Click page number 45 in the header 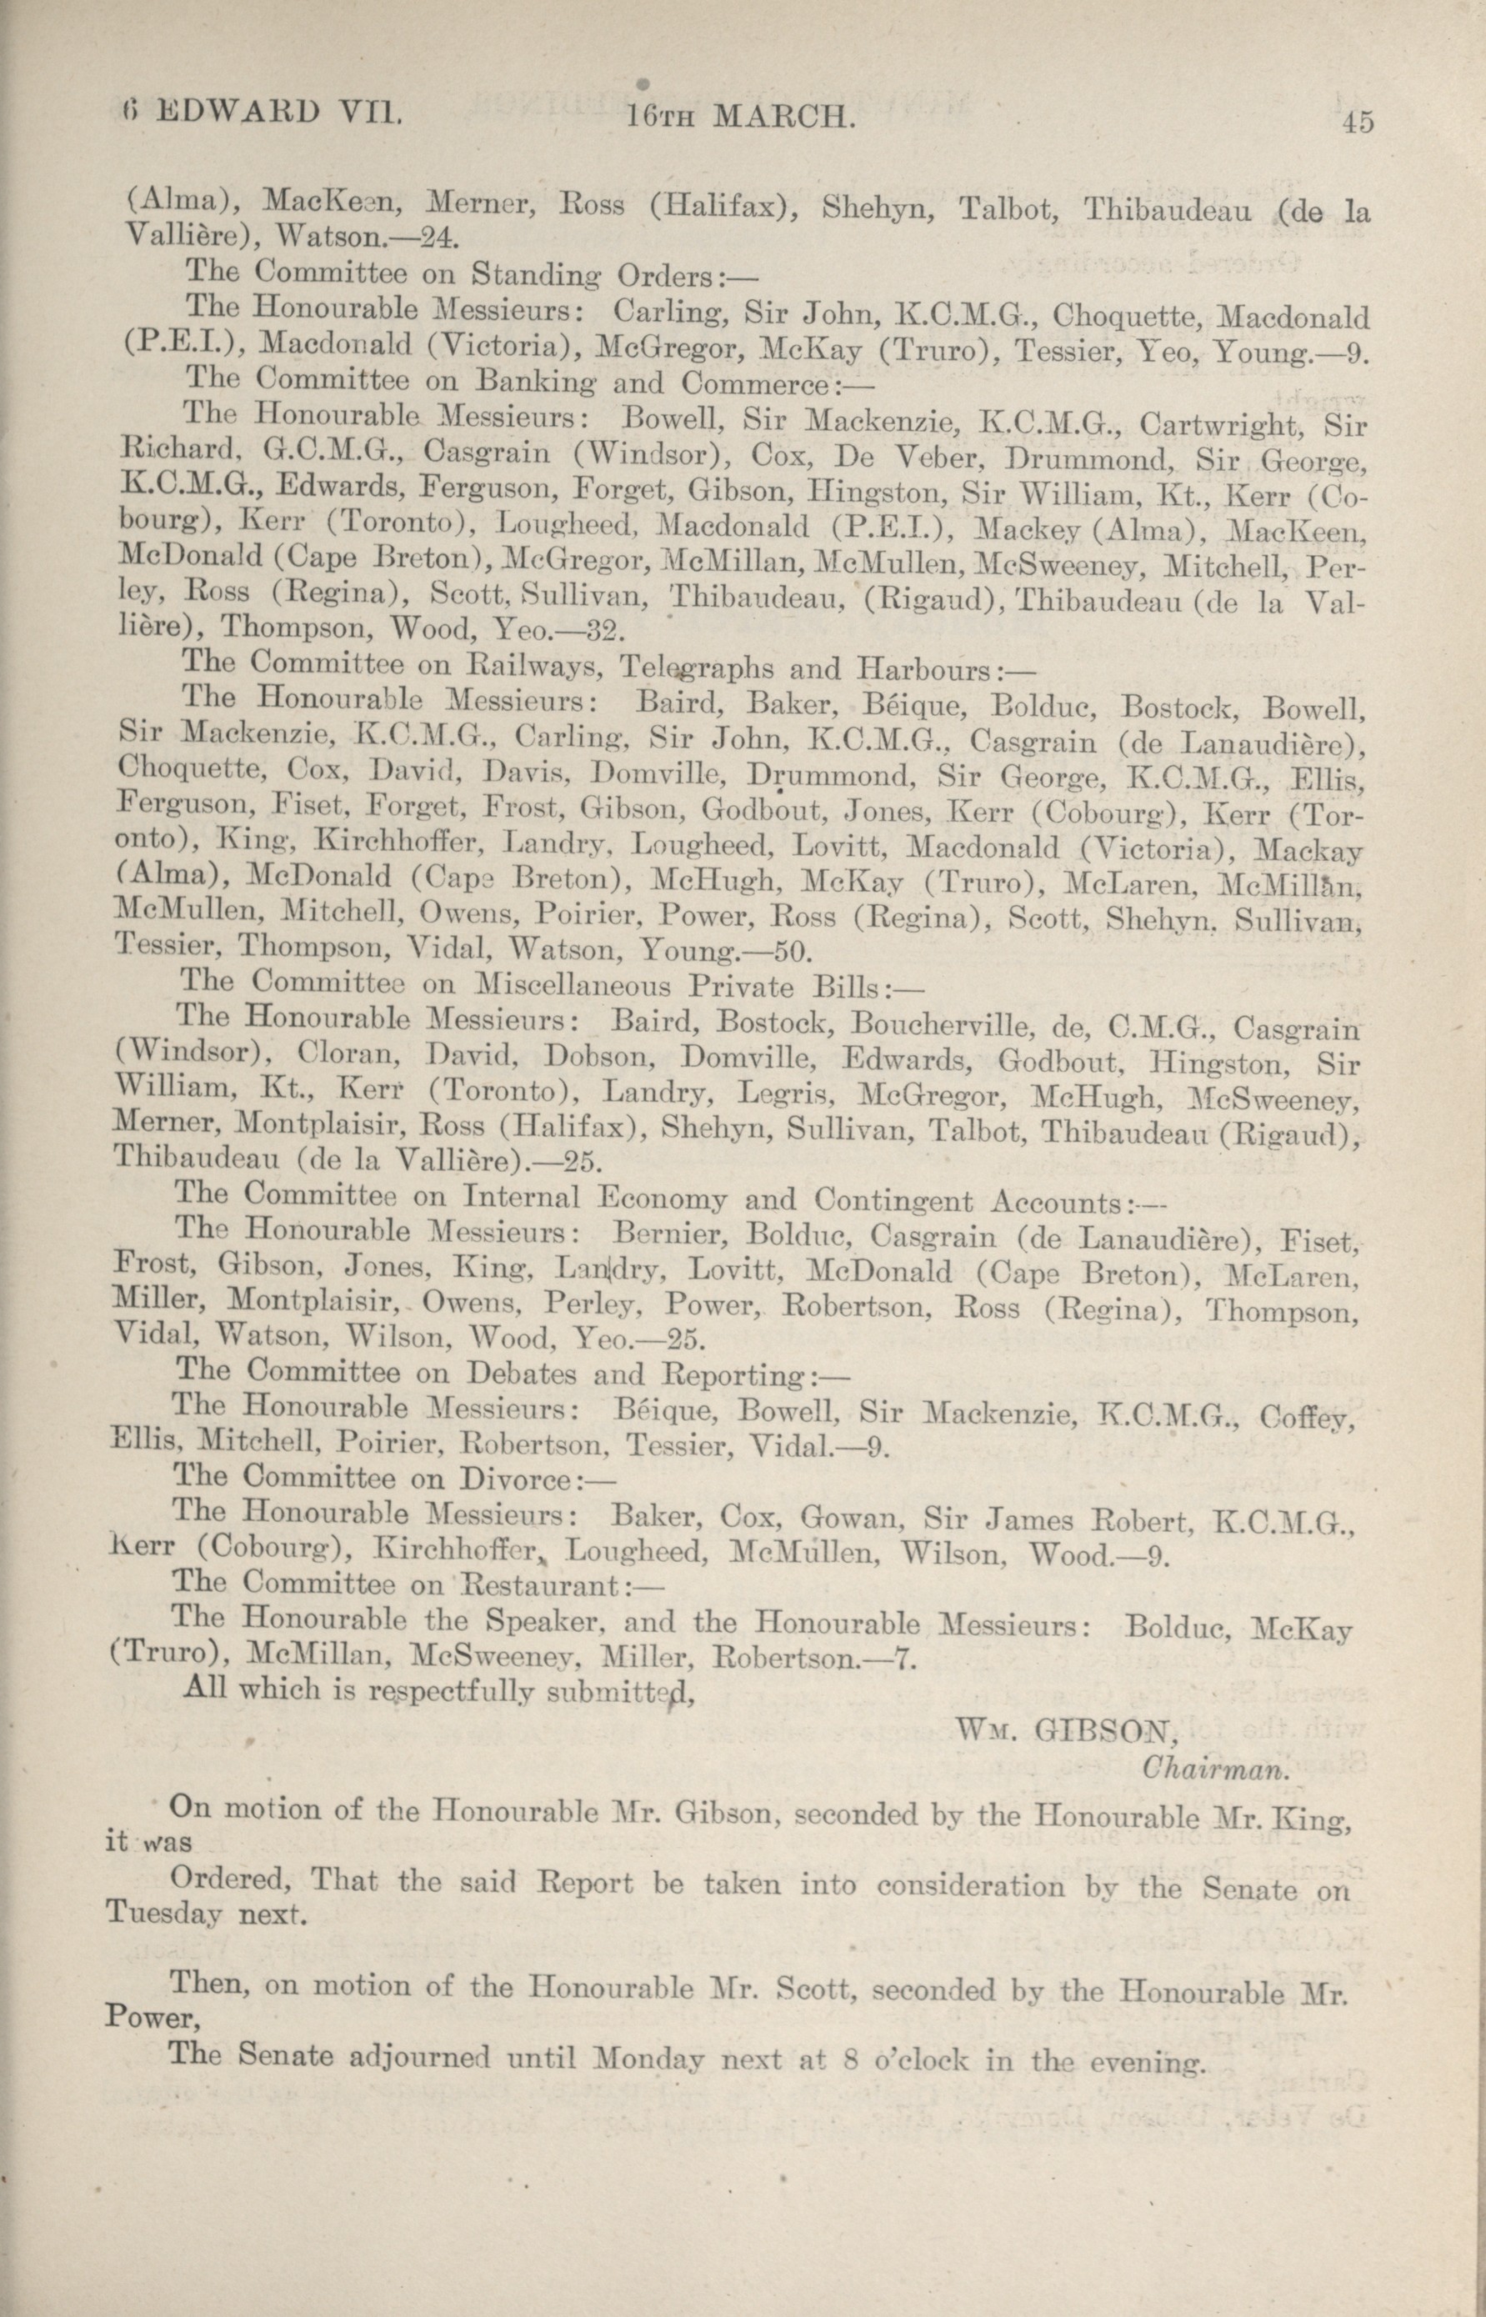coord(1356,123)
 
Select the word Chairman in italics coord(1215,1768)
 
